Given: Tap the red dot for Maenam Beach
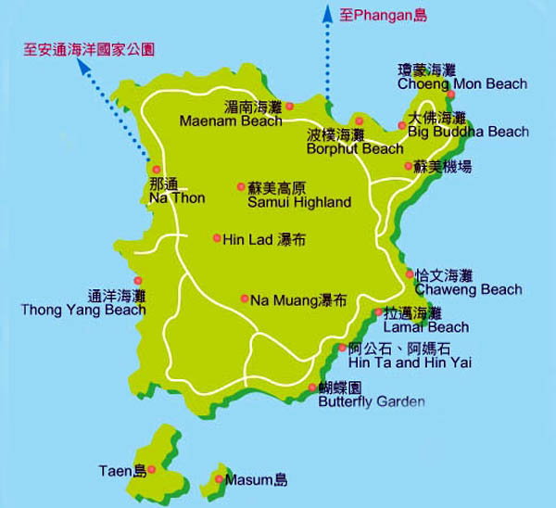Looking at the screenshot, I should coord(289,106).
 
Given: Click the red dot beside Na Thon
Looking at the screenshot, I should coord(157,169).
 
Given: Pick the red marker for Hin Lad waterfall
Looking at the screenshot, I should coord(217,238).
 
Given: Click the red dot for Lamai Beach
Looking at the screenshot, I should coord(378,313).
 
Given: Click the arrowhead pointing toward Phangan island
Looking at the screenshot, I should coord(326,12).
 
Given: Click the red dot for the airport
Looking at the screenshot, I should coord(408,167).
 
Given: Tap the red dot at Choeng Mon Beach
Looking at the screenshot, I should coord(450,95).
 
